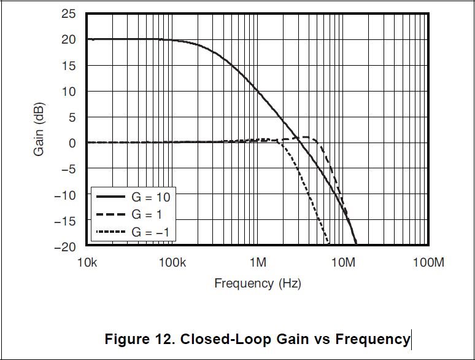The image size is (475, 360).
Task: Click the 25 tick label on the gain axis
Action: [x=69, y=14]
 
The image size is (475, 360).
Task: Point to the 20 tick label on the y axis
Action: [x=69, y=39]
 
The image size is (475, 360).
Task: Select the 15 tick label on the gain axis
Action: [x=69, y=66]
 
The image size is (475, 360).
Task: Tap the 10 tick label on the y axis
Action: [x=69, y=92]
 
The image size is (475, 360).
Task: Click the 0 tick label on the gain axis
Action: [x=72, y=143]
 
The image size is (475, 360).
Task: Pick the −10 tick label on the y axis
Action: [x=66, y=195]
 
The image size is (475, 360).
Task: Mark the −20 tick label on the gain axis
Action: [x=66, y=246]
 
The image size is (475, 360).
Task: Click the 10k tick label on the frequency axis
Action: [x=87, y=263]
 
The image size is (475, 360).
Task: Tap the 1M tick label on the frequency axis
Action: [x=258, y=263]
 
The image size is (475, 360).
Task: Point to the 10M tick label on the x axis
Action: [x=344, y=263]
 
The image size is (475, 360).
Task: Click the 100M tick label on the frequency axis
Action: [x=428, y=263]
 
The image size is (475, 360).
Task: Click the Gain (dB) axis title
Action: [x=39, y=130]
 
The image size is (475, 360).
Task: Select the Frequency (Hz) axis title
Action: [x=258, y=283]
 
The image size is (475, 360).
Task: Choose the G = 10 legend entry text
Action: [x=150, y=197]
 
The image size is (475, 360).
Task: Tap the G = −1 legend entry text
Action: [x=150, y=232]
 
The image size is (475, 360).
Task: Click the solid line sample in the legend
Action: [x=110, y=197]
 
